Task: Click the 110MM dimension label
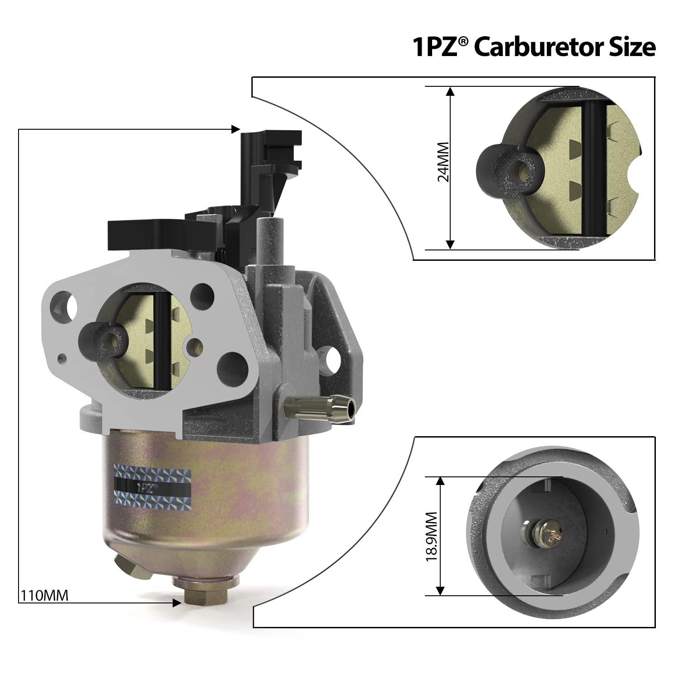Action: click(x=44, y=595)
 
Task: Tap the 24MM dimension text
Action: click(x=443, y=162)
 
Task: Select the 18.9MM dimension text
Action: click(x=432, y=537)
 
